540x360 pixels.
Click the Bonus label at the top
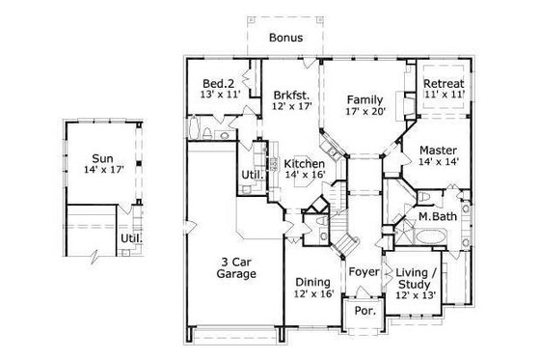[x=285, y=38]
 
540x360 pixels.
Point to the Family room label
[x=365, y=98]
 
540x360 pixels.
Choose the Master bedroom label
[x=437, y=151]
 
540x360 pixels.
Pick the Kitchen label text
[x=304, y=164]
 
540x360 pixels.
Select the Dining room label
[x=313, y=282]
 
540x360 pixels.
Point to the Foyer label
[x=364, y=272]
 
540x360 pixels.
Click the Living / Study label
[x=417, y=279]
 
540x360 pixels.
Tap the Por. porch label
[x=364, y=311]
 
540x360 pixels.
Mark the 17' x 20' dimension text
[x=365, y=111]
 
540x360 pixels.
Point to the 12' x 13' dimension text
[x=417, y=295]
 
